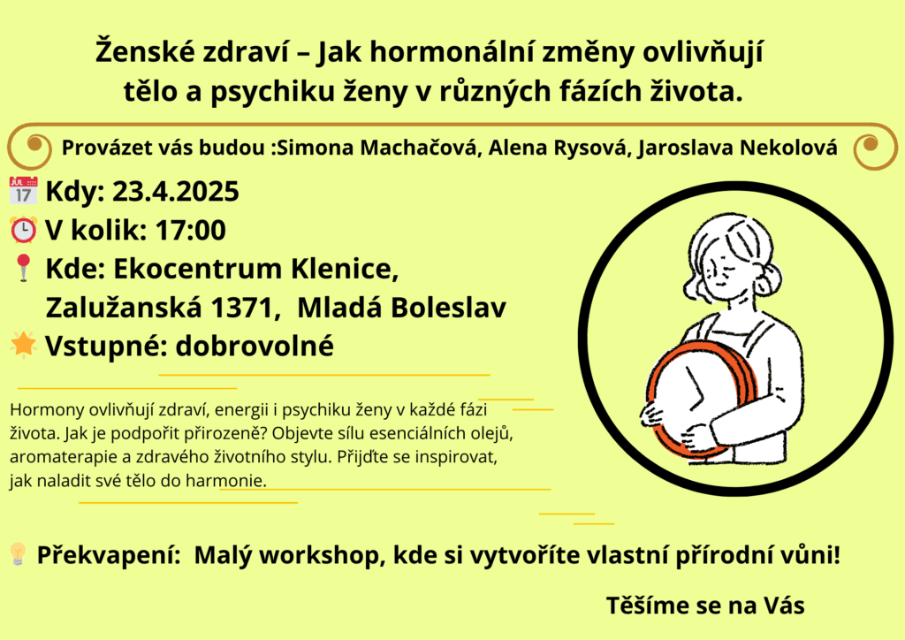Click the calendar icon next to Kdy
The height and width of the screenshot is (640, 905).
click(24, 190)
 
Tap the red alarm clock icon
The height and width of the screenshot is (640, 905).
click(24, 230)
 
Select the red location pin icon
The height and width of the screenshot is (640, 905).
click(24, 268)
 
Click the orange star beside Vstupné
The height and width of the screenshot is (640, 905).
click(24, 345)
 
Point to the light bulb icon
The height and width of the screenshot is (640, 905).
click(18, 554)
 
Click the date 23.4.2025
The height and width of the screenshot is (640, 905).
click(176, 192)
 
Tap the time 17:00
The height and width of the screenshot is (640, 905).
click(191, 230)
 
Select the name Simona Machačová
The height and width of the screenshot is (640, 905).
click(378, 148)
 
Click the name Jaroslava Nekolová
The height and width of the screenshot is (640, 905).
click(738, 148)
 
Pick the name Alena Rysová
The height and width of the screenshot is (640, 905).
click(558, 148)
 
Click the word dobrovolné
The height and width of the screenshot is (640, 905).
click(255, 346)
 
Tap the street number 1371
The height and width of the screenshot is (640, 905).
click(241, 308)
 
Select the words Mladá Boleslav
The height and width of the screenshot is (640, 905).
click(402, 308)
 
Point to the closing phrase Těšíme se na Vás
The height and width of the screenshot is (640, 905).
click(705, 606)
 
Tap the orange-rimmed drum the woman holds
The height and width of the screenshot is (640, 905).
click(701, 399)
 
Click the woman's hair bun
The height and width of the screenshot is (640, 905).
click(768, 277)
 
